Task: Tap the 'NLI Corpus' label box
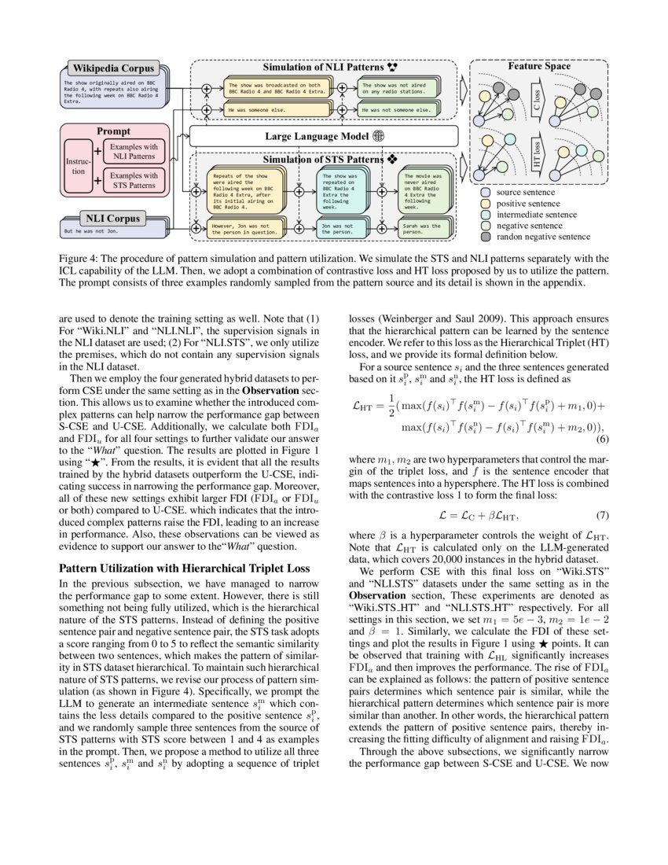click(112, 217)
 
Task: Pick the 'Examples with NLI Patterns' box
click(134, 152)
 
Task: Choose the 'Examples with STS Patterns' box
click(134, 180)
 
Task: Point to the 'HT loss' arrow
click(537, 160)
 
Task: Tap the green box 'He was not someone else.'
click(398, 111)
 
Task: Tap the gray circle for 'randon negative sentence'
click(486, 236)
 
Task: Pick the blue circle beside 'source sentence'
click(486, 192)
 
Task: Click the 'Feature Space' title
click(539, 67)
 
